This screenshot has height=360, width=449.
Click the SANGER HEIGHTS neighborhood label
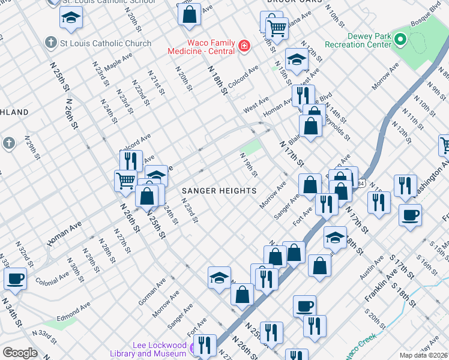pyautogui.click(x=219, y=191)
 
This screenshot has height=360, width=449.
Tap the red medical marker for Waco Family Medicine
pyautogui.click(x=244, y=46)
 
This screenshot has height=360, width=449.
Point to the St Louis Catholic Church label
pyautogui.click(x=105, y=43)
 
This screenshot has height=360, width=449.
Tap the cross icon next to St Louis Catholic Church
pyautogui.click(x=51, y=43)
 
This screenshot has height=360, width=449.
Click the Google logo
pyautogui.click(x=20, y=353)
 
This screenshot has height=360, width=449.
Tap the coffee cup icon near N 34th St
pyautogui.click(x=15, y=278)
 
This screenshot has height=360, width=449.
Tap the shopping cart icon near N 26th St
pyautogui.click(x=125, y=180)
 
